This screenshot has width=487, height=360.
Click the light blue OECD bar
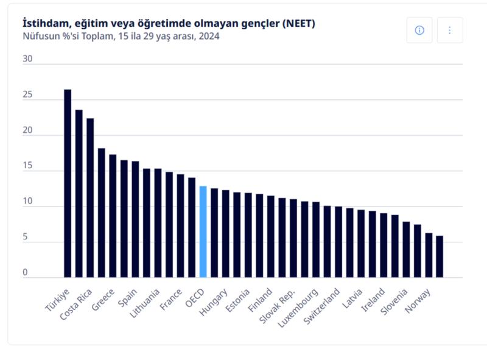point(203,231)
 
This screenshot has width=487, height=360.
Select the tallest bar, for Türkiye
point(68,183)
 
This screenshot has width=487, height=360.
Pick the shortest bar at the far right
point(440,256)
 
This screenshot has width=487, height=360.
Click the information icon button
point(419,30)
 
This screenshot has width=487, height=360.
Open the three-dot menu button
point(450,30)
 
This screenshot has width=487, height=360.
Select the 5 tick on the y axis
point(26,238)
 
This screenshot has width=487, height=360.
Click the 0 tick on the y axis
point(26,273)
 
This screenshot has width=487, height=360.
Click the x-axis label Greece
point(103,298)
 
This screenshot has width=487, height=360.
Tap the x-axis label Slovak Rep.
point(278,303)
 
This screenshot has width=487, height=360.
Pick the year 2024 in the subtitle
point(209,36)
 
